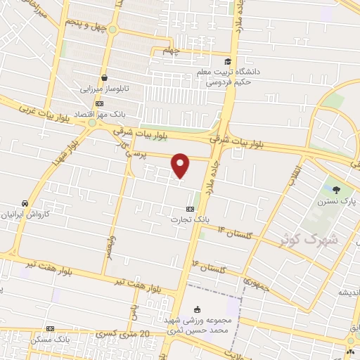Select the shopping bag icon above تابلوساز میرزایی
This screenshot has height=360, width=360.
point(104,77)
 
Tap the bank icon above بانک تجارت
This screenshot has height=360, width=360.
point(190,209)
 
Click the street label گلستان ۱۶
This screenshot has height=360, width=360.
point(203,266)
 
